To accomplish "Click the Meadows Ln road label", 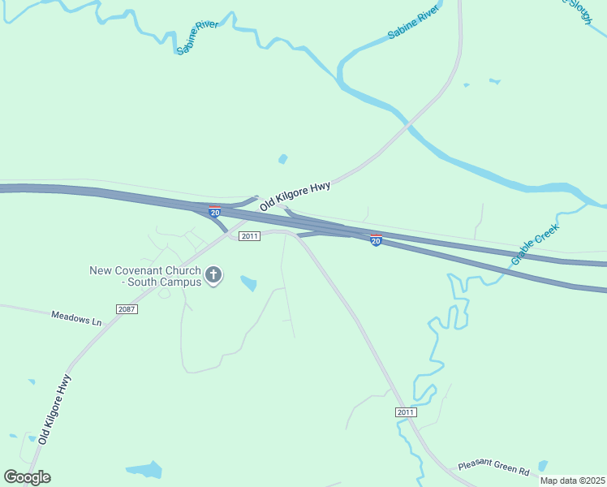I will tap(76, 318).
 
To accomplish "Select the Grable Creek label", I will tap(536, 246).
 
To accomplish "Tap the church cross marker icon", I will tap(214, 275).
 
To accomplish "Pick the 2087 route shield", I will tap(127, 309).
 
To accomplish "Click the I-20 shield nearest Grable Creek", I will tap(376, 240).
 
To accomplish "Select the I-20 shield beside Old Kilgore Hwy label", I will tap(214, 211).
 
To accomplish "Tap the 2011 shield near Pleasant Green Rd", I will tap(407, 412).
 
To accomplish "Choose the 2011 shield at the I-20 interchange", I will tap(249, 236).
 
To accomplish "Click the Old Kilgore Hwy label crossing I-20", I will tap(295, 196).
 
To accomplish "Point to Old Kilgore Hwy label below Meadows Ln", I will tap(55, 408).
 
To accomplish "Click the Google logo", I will tap(27, 477).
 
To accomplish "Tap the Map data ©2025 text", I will tap(572, 481).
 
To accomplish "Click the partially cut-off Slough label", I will tap(579, 10).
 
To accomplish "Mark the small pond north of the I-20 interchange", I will tap(282, 159).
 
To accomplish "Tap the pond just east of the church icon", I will tap(248, 283).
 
